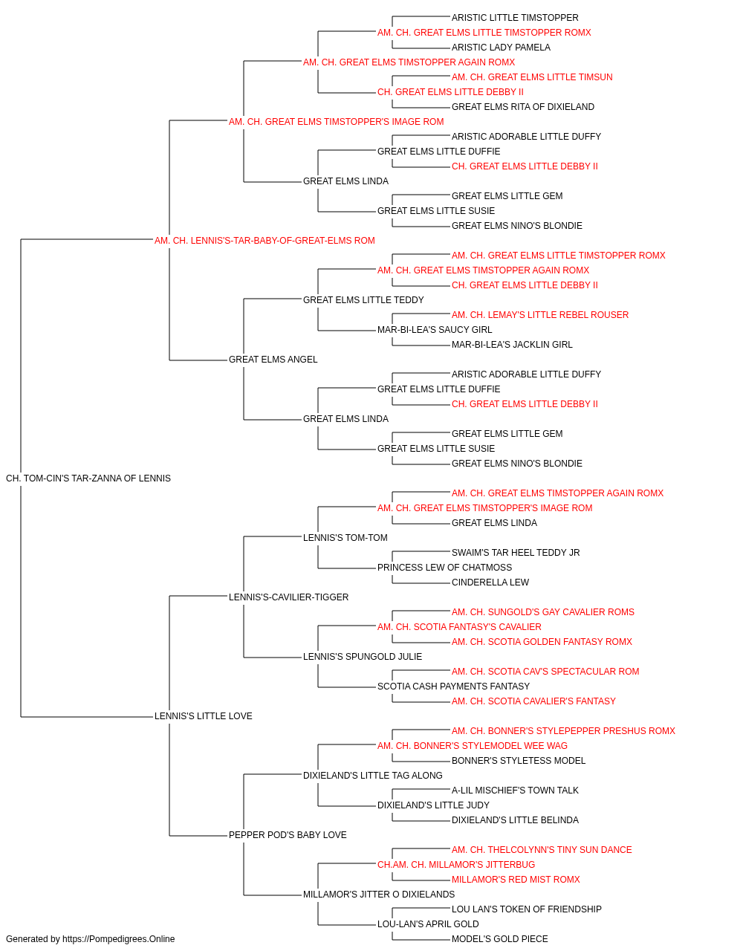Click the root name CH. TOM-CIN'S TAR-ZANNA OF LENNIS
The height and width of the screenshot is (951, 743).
click(x=88, y=478)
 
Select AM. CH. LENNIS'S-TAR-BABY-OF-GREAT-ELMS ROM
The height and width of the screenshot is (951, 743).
click(x=265, y=241)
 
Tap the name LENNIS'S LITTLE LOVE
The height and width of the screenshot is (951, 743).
click(x=204, y=716)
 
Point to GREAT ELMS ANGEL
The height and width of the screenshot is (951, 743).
click(x=273, y=360)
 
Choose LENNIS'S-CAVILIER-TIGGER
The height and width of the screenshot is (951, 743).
click(x=289, y=597)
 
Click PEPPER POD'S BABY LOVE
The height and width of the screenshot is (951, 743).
click(x=288, y=835)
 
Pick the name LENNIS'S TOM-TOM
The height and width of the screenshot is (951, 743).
click(x=345, y=537)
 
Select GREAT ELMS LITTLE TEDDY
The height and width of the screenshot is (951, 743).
click(x=363, y=299)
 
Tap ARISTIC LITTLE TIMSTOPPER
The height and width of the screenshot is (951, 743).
click(x=515, y=18)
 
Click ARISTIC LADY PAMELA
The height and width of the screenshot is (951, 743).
click(x=501, y=48)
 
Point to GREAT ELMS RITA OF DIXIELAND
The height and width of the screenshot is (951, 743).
click(x=523, y=107)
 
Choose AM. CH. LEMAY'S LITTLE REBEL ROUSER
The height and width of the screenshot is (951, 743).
click(x=540, y=315)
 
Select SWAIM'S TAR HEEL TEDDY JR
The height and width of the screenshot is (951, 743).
click(x=516, y=552)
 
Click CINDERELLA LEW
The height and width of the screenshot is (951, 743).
click(x=490, y=582)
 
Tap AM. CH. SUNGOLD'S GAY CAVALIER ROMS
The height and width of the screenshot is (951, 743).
click(x=543, y=611)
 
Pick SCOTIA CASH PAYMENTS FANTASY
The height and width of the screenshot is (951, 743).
click(x=454, y=687)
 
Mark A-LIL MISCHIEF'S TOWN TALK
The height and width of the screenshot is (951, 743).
click(x=515, y=791)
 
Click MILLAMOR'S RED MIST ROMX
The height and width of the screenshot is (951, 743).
click(x=516, y=880)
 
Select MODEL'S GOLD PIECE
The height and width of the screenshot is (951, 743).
click(x=500, y=939)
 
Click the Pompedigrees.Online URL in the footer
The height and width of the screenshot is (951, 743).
click(x=119, y=939)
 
